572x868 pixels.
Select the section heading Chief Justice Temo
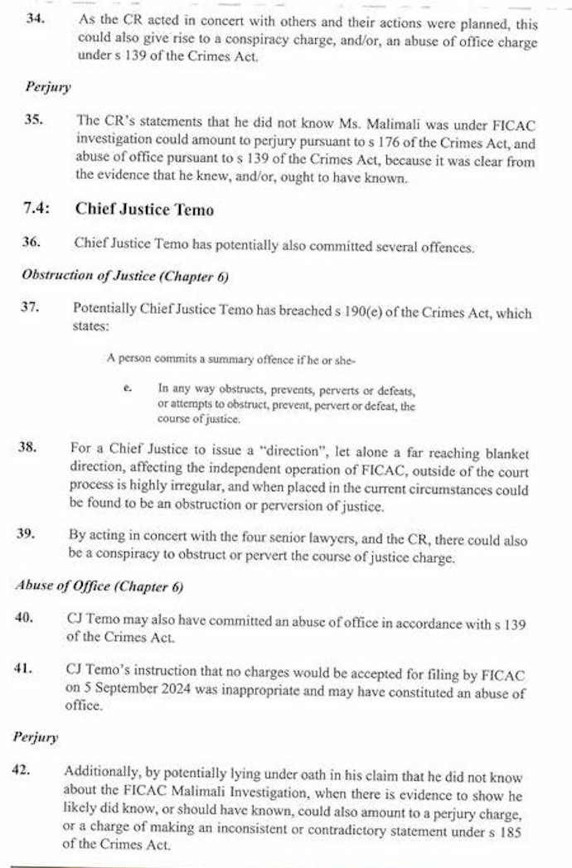point(144,210)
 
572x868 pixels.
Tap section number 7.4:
point(36,209)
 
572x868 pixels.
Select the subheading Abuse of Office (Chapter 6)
point(99,586)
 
